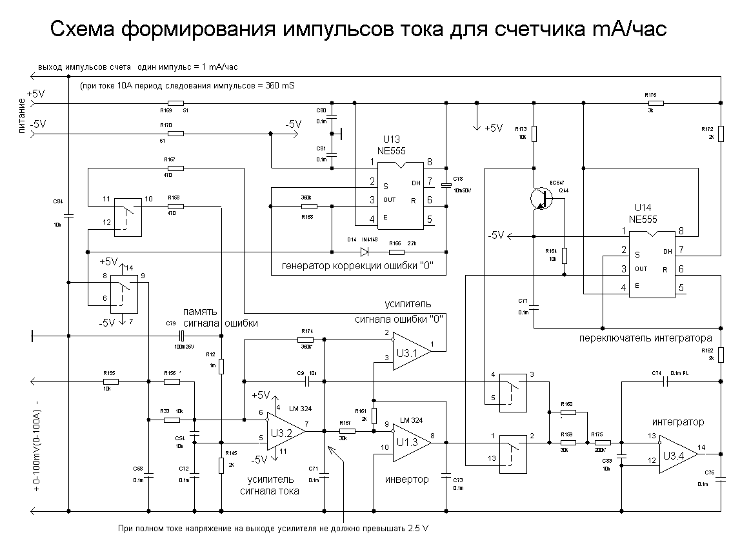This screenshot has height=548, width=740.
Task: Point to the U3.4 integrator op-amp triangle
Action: (x=675, y=456)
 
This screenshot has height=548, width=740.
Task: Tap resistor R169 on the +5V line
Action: (x=175, y=103)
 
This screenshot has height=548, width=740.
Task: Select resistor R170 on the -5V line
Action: (x=175, y=134)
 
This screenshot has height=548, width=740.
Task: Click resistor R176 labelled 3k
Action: (x=655, y=103)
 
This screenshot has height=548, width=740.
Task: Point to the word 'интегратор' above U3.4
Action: (x=677, y=422)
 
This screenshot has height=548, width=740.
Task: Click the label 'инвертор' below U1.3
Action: (x=406, y=480)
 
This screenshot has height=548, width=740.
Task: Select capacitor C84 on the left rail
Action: (x=68, y=215)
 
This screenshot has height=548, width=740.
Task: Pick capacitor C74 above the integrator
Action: (x=668, y=381)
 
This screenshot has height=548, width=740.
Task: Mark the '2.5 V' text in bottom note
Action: (x=417, y=529)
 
